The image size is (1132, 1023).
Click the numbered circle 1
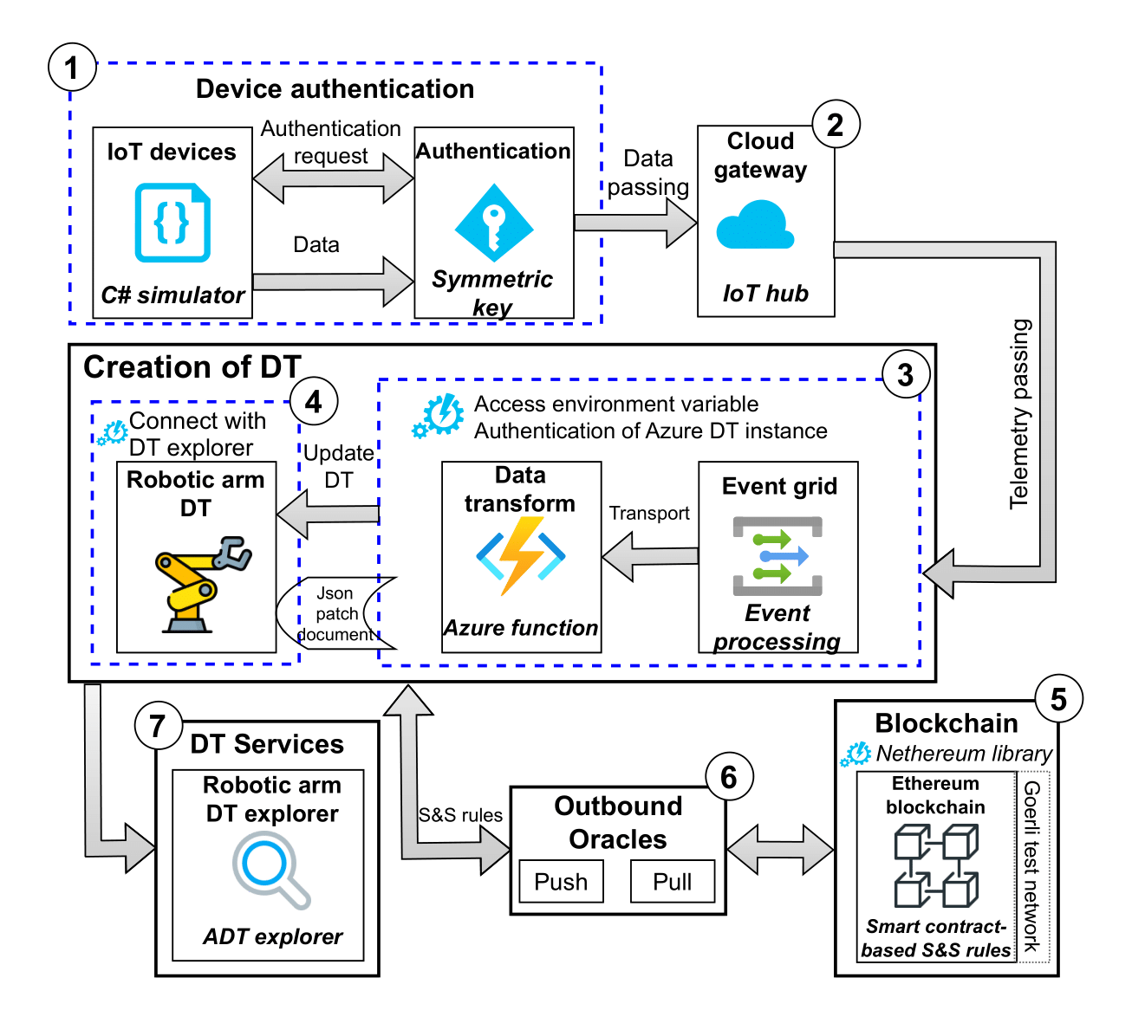[72, 68]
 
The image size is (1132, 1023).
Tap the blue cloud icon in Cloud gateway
[755, 226]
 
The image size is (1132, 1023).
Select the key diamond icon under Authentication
[494, 223]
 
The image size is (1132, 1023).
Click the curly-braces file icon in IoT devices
[172, 223]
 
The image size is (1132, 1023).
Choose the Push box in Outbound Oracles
[561, 882]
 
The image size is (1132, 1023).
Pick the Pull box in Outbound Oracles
[673, 882]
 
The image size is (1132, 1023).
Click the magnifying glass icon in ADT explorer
[270, 870]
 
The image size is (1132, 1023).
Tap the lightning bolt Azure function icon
[521, 555]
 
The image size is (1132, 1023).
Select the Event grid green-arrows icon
[777, 555]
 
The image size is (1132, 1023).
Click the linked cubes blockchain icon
[936, 865]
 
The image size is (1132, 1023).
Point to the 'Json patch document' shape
[336, 613]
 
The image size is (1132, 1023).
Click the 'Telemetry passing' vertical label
[1021, 414]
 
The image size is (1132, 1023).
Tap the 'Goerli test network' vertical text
[1031, 866]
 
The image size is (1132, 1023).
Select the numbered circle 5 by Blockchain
[1058, 700]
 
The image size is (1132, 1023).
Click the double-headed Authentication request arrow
[333, 179]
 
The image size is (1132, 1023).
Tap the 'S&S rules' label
[460, 815]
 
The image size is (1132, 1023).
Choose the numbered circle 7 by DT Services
[158, 726]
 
